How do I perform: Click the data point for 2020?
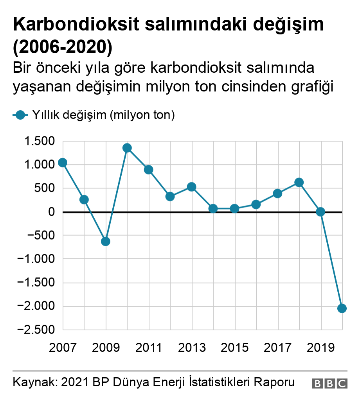342,308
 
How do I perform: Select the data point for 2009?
105,242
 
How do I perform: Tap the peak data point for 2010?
127,148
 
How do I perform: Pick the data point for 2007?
63,163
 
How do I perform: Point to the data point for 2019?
320,212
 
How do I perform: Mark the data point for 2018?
299,182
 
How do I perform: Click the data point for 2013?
191,187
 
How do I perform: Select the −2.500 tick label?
35,330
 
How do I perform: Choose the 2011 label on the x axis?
148,347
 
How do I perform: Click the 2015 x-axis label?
234,347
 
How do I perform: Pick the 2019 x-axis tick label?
320,347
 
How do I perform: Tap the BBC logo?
329,383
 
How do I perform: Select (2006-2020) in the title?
63,46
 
